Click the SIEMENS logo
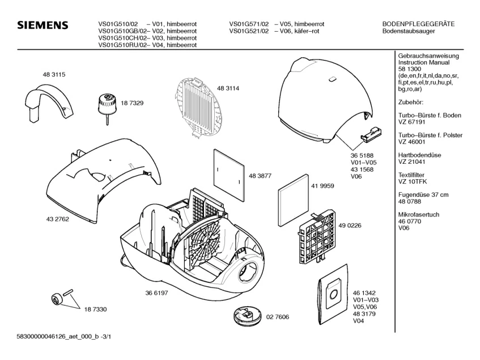pos(43,26)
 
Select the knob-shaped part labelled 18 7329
pos(105,104)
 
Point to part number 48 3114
pos(228,88)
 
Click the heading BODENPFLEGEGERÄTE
pos(418,24)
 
